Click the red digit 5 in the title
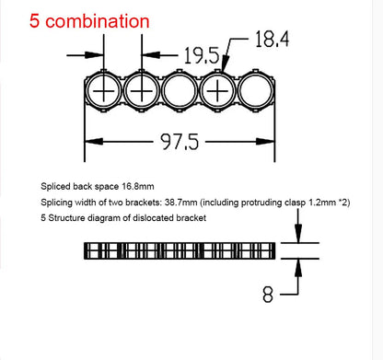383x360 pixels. (12, 19)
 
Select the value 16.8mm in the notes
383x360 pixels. (149, 185)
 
